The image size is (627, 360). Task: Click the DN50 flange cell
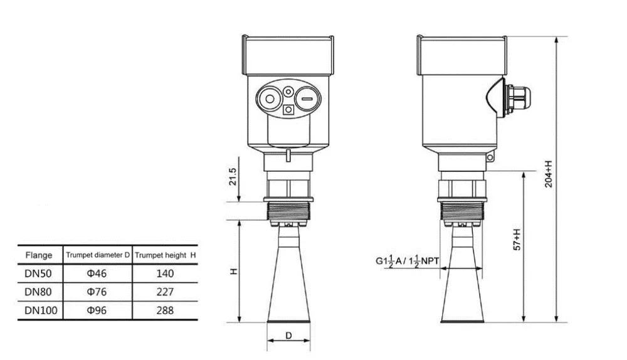tap(38, 273)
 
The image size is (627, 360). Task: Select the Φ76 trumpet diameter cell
tap(97, 292)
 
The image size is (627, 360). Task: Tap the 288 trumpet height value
tap(165, 310)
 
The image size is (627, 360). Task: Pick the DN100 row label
tap(41, 310)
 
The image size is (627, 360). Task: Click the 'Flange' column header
tap(39, 255)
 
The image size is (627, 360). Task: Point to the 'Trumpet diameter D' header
tap(98, 255)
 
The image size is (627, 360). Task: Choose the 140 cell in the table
tap(165, 273)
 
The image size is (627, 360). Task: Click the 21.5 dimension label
tap(233, 176)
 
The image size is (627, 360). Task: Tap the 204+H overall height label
tap(549, 174)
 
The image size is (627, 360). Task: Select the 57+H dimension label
tap(517, 240)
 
